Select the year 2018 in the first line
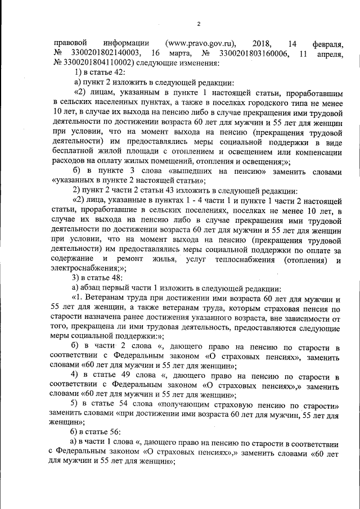262,43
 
